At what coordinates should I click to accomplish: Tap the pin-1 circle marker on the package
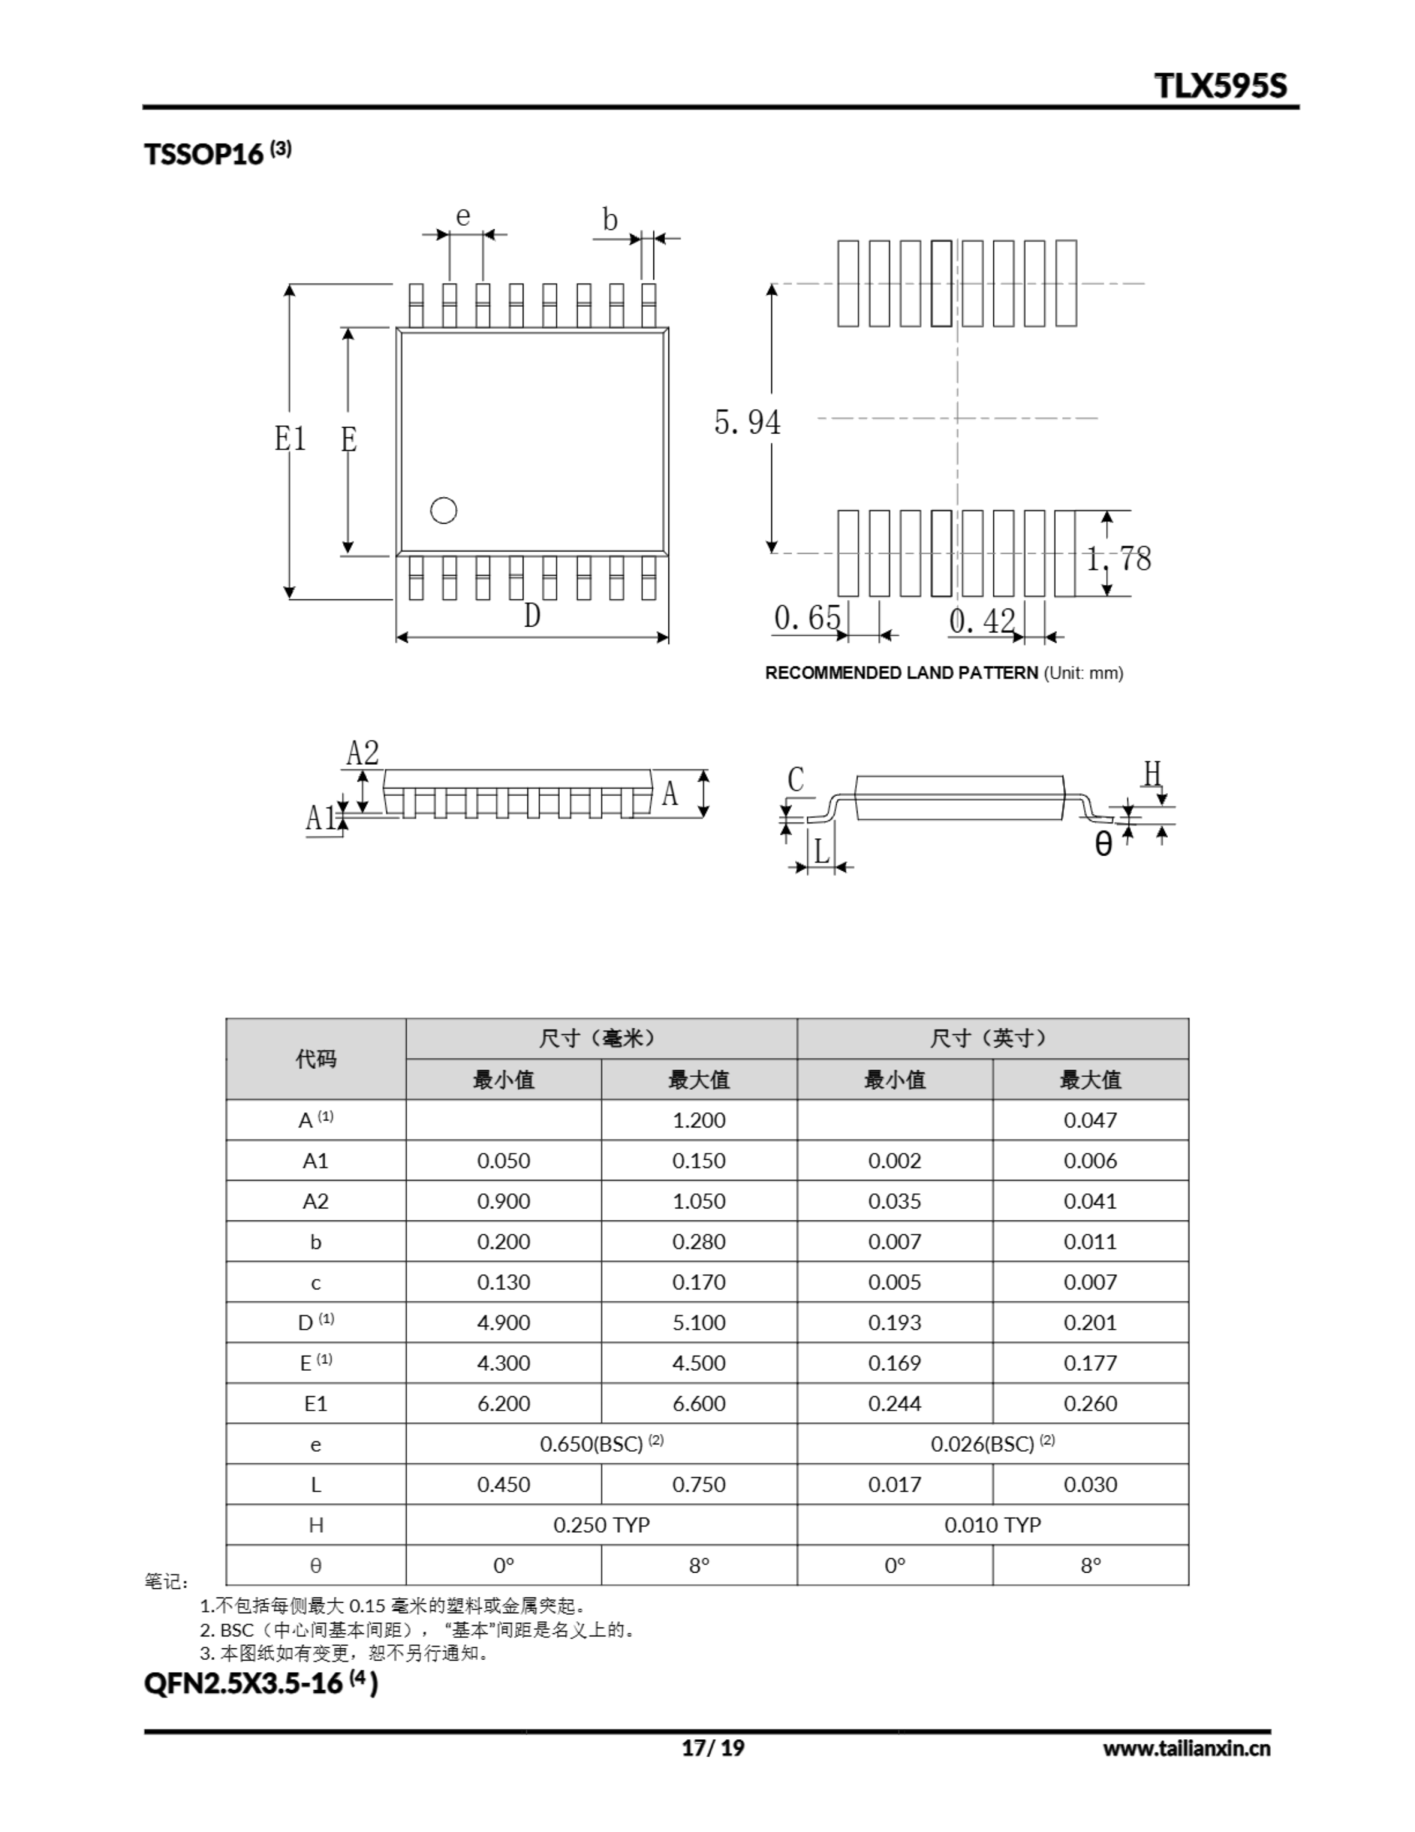[x=443, y=510]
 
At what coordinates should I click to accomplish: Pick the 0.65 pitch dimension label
[x=806, y=618]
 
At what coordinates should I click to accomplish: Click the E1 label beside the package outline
[x=290, y=439]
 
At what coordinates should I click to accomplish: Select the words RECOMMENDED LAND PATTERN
[x=901, y=673]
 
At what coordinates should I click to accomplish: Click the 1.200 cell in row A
[x=699, y=1120]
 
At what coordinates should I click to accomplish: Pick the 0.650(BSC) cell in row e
[x=601, y=1443]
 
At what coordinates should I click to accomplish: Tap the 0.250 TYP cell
[x=601, y=1524]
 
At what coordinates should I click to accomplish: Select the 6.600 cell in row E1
[x=699, y=1403]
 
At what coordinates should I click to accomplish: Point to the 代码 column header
[x=315, y=1058]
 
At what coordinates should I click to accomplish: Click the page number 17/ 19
[x=712, y=1748]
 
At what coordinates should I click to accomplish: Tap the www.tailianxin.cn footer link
[x=1186, y=1748]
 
